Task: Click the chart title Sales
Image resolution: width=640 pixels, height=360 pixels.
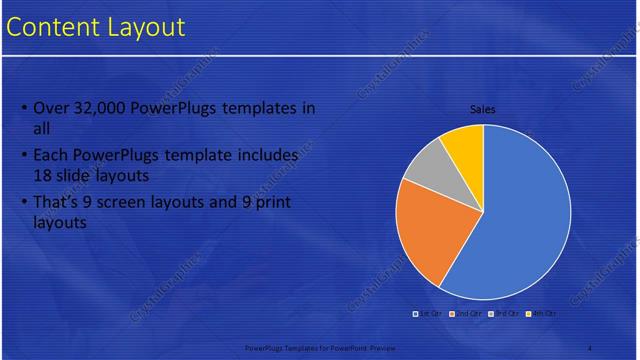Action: [483, 110]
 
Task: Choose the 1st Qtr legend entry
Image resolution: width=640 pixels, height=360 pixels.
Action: [429, 313]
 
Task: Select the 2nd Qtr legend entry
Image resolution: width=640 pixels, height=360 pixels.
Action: [468, 313]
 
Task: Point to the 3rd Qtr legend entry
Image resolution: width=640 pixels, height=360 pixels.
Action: [505, 313]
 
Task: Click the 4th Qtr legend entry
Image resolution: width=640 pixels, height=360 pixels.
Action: [541, 313]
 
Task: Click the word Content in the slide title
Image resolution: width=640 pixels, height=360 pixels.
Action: [50, 27]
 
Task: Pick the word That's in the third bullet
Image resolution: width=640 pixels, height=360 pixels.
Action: [57, 203]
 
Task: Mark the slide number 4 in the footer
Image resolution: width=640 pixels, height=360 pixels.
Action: [590, 347]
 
